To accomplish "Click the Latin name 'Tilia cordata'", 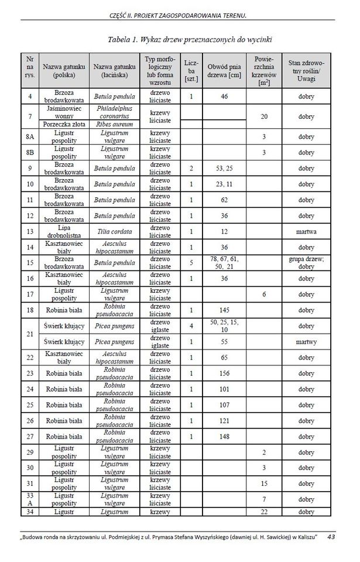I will point(114,231).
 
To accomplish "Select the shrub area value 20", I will point(264,116).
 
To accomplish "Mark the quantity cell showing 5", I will point(191,263).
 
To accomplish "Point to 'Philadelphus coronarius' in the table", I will point(114,111).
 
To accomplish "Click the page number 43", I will point(331,536).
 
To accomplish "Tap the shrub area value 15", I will point(264,484).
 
